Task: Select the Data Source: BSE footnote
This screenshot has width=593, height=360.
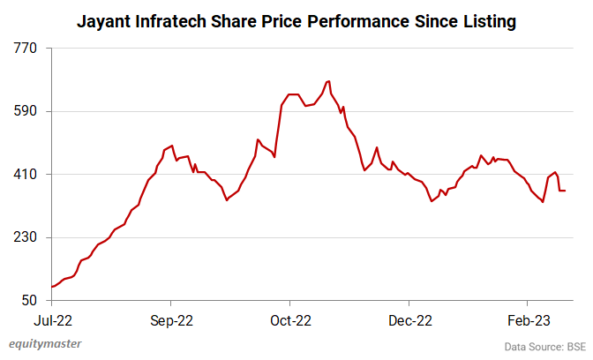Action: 545,346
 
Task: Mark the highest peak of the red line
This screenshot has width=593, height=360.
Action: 328,81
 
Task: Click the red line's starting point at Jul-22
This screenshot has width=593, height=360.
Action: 53,287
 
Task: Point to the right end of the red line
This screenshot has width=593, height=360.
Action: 565,191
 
